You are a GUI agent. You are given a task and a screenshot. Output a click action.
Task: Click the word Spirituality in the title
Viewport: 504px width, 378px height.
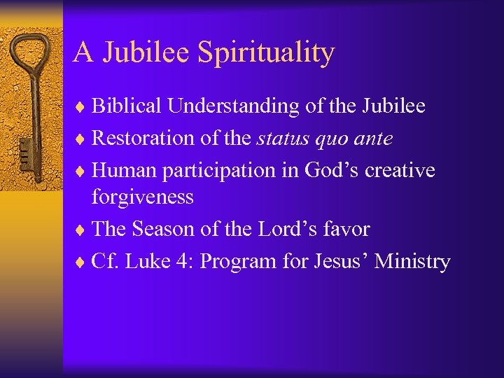coord(266,53)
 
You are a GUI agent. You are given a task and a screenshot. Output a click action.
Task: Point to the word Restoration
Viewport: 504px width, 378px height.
coord(143,139)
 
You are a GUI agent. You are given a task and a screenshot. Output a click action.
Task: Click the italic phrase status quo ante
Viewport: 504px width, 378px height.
coord(324,139)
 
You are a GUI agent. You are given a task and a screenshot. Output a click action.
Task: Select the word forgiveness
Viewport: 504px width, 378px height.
coord(143,197)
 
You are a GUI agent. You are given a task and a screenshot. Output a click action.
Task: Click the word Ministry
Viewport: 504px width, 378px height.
coord(412,262)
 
